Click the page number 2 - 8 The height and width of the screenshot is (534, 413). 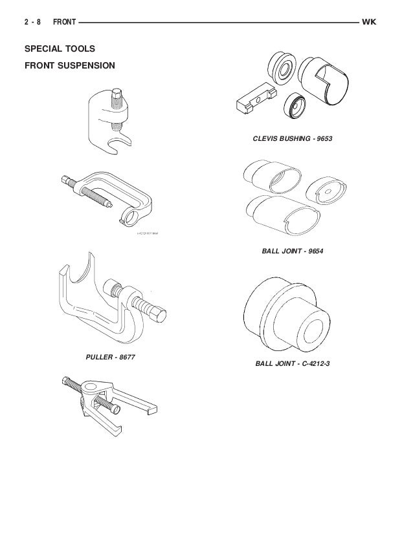pos(32,23)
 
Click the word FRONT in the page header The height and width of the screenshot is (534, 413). pos(63,23)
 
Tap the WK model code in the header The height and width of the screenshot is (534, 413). pos(370,23)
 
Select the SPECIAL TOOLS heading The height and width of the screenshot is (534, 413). pos(60,49)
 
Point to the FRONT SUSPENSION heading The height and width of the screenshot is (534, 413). pos(69,65)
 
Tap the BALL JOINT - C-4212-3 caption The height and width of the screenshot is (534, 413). pos(293,363)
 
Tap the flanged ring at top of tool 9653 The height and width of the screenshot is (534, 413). pos(280,64)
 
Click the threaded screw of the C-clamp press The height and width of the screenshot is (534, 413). pos(93,195)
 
